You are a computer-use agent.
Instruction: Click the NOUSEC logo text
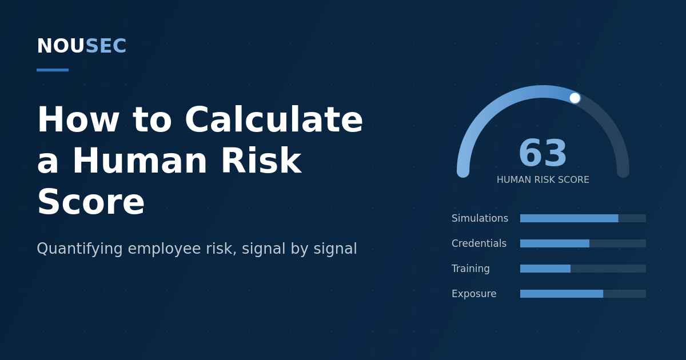[82, 46]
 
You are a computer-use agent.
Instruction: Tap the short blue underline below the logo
[53, 70]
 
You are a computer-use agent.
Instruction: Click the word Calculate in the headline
[274, 119]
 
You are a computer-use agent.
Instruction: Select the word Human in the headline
[139, 161]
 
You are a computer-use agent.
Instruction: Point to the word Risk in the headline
[261, 161]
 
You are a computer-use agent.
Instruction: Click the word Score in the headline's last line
[91, 202]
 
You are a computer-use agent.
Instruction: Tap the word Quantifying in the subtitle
[79, 249]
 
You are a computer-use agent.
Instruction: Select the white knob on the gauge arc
[575, 98]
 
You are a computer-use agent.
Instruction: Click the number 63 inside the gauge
[543, 153]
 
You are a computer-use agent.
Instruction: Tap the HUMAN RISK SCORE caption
[543, 179]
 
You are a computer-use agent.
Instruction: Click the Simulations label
[480, 218]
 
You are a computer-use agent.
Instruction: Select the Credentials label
[479, 243]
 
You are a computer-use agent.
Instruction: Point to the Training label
[470, 269]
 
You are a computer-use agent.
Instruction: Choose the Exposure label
[474, 294]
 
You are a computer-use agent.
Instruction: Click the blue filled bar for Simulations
[569, 218]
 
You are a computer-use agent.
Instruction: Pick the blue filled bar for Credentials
[555, 243]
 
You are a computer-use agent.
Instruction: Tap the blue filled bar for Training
[545, 269]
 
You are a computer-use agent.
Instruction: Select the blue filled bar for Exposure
[561, 294]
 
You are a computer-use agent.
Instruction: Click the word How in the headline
[78, 119]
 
